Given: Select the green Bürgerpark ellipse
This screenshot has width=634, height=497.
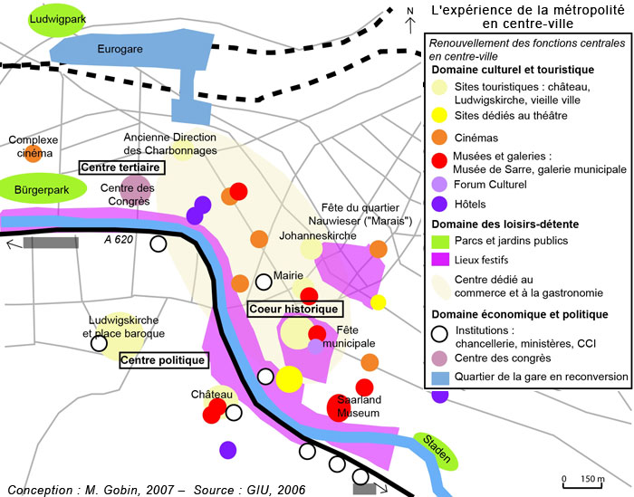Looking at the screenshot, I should [43, 189].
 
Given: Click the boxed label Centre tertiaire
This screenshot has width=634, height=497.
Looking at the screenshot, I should [120, 167].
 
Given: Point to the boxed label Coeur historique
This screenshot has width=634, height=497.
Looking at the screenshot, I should [293, 309].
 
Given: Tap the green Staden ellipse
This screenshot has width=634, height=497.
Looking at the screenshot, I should [437, 450].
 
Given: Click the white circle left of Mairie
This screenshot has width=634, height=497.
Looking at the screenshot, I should [264, 281].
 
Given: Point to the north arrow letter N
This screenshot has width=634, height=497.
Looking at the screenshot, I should [409, 12].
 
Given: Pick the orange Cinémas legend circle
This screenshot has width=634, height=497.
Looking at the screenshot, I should [439, 138].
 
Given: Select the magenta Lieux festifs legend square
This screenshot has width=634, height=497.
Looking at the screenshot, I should [439, 259].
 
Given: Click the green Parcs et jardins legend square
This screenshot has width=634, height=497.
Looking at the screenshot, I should [439, 241].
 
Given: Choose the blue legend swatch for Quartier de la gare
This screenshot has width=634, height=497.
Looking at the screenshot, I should [439, 377].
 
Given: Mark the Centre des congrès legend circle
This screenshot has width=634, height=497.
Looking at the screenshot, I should [439, 358].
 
